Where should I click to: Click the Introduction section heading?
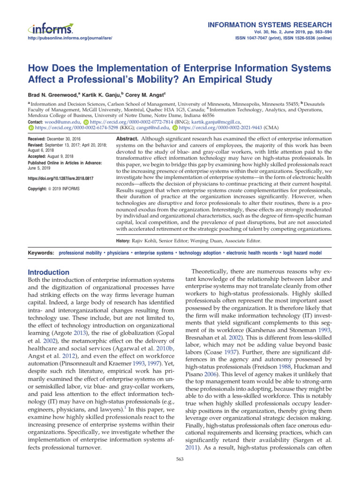pyautogui.click(x=49, y=272)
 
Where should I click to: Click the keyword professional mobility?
pyautogui.click(x=80, y=253)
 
